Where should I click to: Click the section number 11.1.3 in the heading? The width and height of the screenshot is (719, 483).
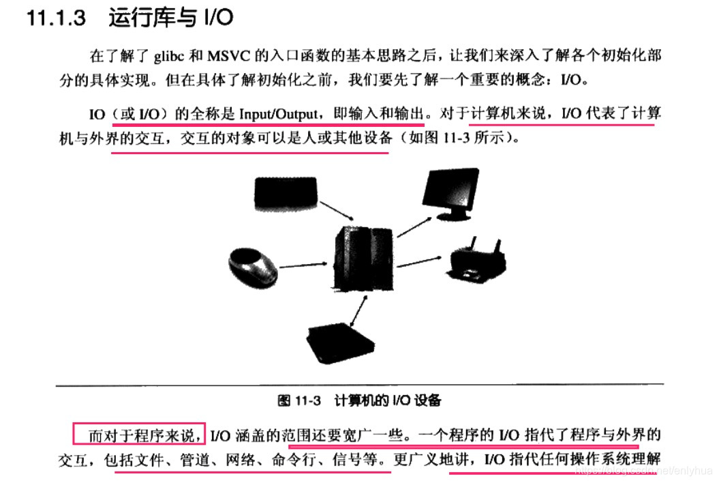point(56,18)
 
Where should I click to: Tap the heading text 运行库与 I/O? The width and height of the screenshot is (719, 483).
point(170,18)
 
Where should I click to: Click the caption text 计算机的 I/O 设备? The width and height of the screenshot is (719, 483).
point(388,400)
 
